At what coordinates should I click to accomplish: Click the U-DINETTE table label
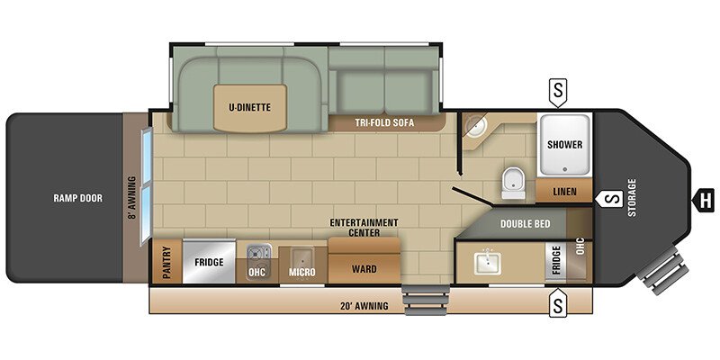coord(250,107)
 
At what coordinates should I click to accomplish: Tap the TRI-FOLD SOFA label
coord(384,122)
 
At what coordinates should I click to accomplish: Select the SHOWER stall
coord(565,145)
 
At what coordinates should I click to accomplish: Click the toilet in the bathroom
coord(513,184)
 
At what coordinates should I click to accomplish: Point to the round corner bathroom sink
coord(475,125)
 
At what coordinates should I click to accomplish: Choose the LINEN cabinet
coord(564,191)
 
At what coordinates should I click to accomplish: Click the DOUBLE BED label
coord(526,224)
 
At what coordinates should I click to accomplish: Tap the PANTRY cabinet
coord(166,262)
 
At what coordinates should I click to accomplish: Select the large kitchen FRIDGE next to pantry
coord(209,262)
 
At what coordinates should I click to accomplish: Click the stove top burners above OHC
coord(259,253)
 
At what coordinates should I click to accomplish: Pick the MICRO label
coord(302,273)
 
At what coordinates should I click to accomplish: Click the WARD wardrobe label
coord(364,268)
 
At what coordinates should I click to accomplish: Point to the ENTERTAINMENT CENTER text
coord(364,228)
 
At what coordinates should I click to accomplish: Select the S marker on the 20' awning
coord(558,303)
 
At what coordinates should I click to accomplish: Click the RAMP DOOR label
coord(78,198)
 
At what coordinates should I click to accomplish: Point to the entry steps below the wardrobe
coord(425,300)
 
